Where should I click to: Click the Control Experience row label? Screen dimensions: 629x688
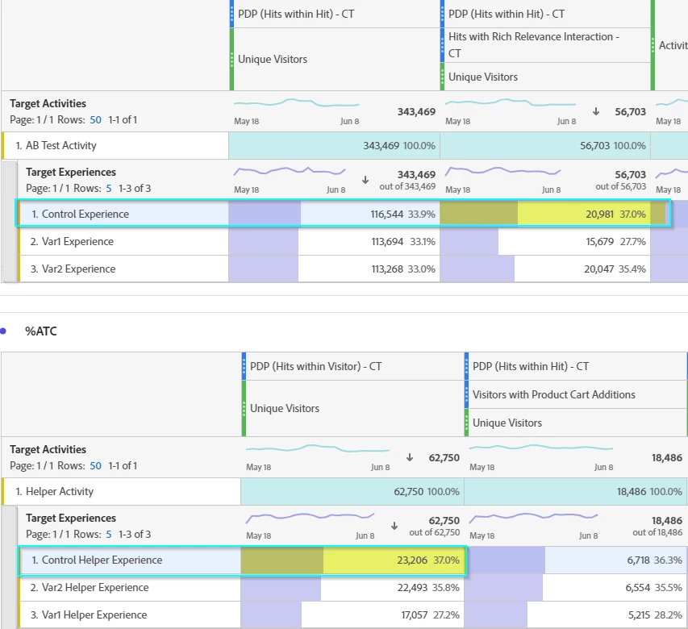tap(85, 215)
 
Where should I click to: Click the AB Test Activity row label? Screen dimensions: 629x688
tap(61, 146)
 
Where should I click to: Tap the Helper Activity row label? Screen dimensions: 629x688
tap(60, 492)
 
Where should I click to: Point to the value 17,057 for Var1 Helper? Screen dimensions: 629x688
tap(413, 615)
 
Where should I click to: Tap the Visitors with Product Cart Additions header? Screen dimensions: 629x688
tap(553, 395)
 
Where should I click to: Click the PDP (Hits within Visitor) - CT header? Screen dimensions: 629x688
tap(315, 367)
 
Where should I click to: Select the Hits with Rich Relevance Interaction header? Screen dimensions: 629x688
tap(533, 44)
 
